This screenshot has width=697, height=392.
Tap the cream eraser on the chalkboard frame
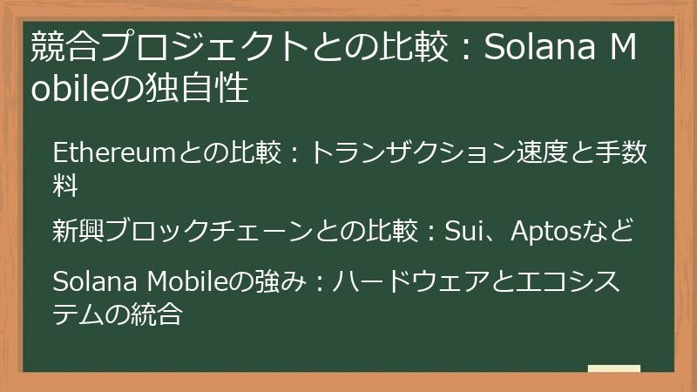(613, 369)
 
